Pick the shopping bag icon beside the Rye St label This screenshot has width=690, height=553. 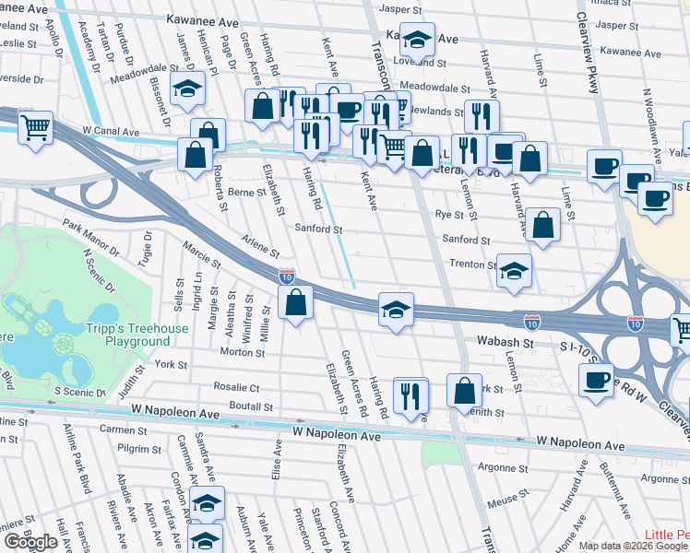click(543, 225)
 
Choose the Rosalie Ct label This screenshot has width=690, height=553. click(236, 388)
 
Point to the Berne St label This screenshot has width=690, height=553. click(246, 192)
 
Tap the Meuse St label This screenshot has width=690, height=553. click(504, 499)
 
